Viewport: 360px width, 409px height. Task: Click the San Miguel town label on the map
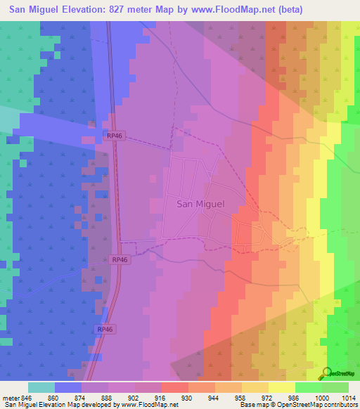click(x=200, y=204)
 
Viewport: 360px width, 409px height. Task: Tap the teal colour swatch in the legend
click(x=41, y=387)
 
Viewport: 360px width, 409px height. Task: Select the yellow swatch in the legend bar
click(x=281, y=387)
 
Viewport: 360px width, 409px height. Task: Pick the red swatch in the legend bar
click(x=174, y=387)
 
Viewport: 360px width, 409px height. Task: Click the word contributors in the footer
click(x=340, y=405)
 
